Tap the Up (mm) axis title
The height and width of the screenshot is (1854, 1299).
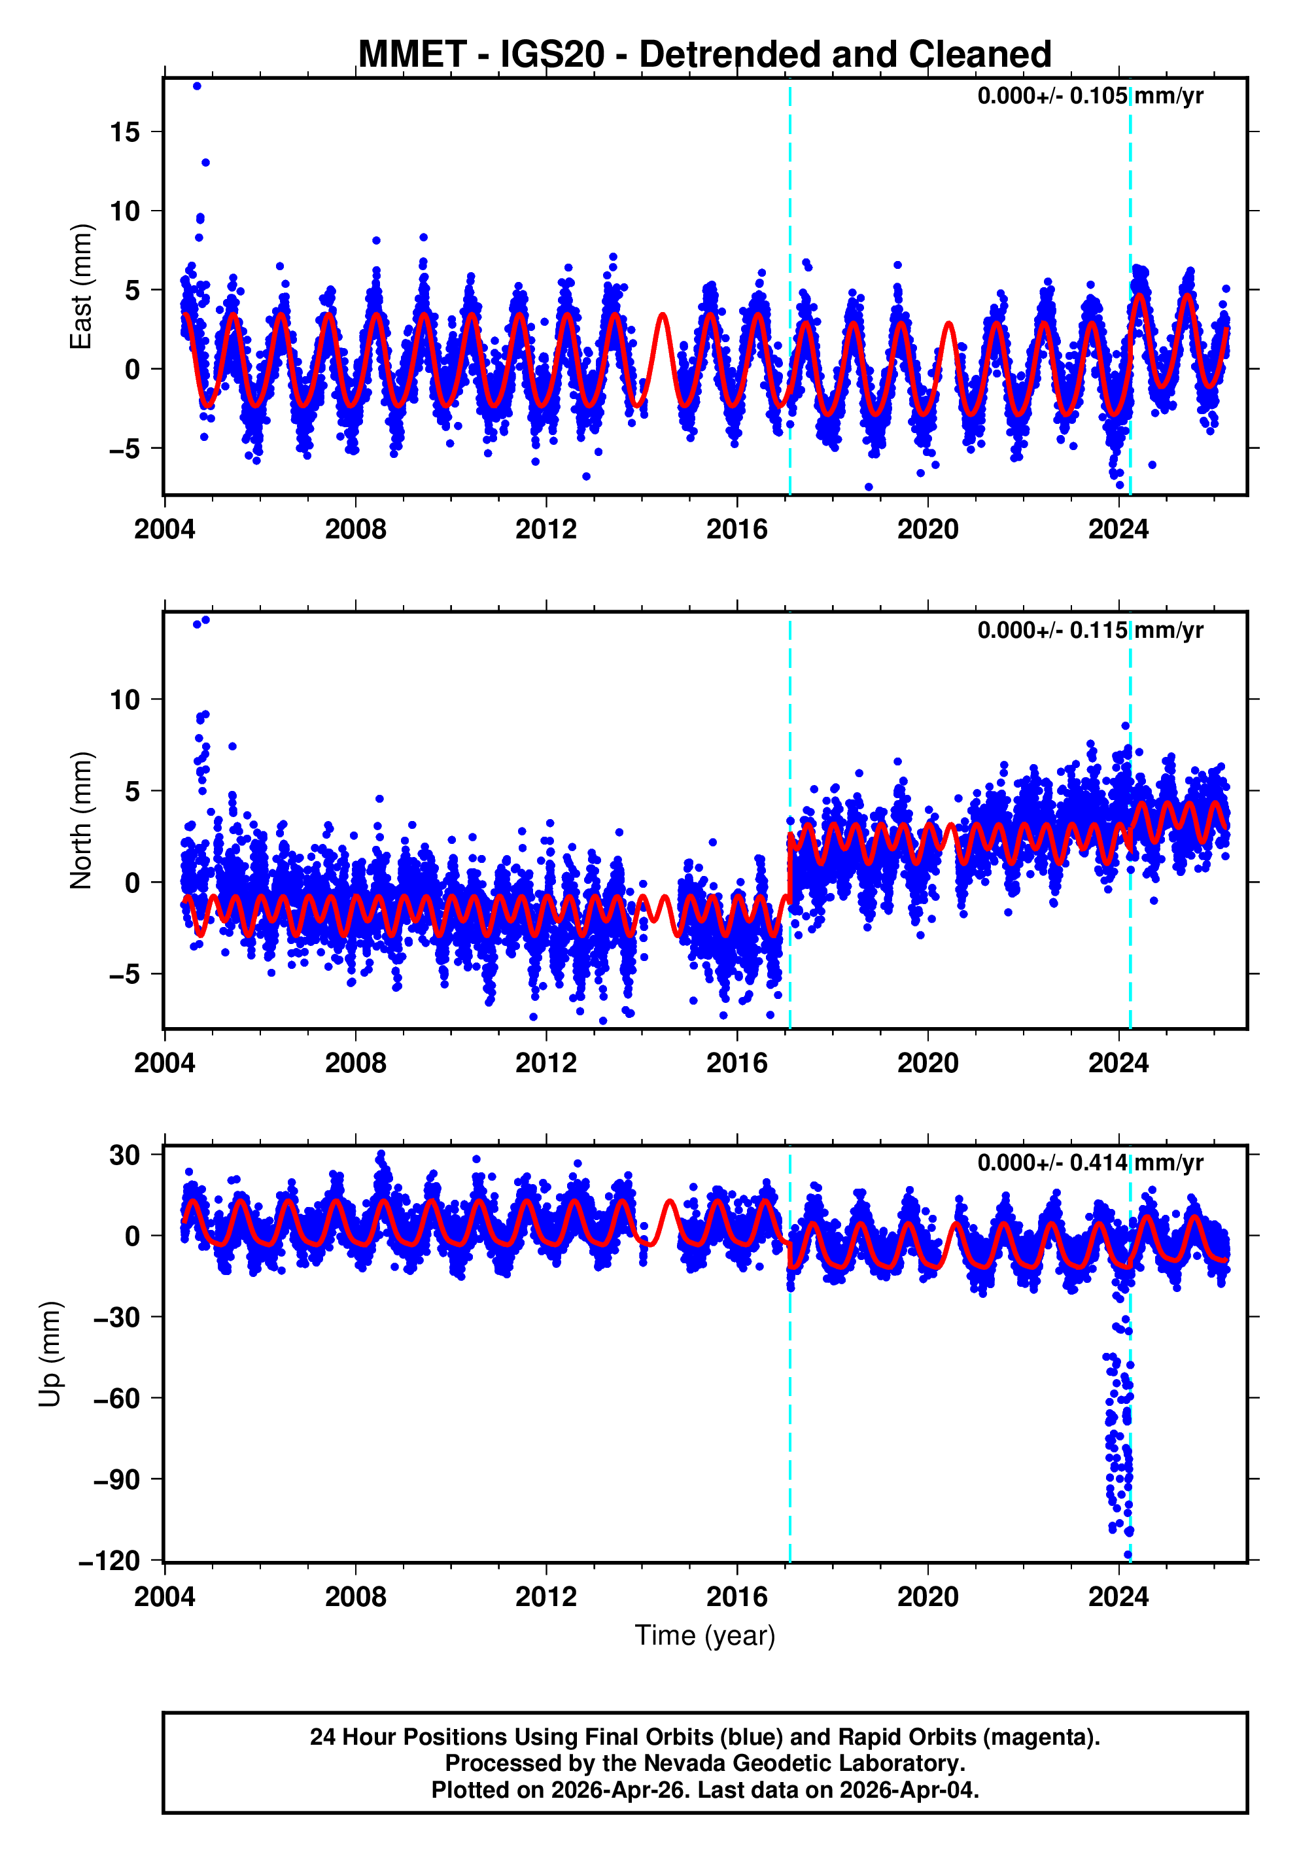click(x=50, y=1354)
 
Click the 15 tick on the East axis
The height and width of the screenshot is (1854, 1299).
click(x=125, y=131)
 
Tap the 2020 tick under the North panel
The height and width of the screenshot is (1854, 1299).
click(x=927, y=1064)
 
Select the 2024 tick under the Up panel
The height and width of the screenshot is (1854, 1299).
click(x=1118, y=1596)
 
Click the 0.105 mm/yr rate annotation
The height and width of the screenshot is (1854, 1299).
click(x=1089, y=96)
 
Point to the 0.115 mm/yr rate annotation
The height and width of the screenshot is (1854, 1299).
click(x=1089, y=630)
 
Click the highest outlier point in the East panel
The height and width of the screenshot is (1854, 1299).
click(x=197, y=86)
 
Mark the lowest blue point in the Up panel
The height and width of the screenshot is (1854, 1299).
click(x=1128, y=1555)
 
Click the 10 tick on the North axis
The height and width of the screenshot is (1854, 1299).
click(x=125, y=700)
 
